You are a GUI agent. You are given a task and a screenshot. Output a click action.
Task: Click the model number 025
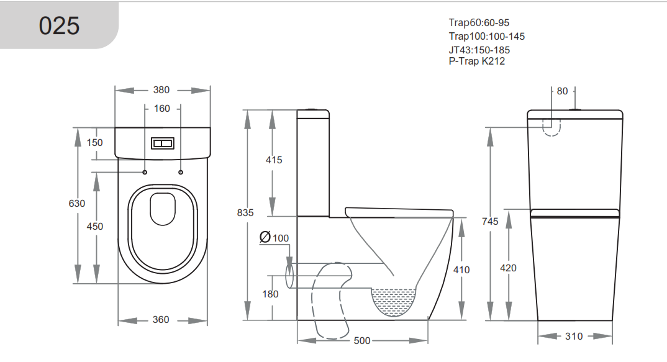[59, 25]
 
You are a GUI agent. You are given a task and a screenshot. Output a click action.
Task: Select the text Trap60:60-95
[479, 23]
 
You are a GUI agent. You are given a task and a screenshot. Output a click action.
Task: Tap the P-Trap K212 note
[476, 61]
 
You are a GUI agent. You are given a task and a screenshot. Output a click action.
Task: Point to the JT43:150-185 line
[479, 50]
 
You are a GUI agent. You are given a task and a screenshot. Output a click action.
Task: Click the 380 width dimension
[161, 90]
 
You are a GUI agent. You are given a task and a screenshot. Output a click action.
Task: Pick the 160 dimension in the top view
[161, 109]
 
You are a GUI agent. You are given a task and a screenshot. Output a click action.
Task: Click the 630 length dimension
[77, 203]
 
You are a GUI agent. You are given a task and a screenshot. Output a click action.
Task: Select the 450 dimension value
[95, 227]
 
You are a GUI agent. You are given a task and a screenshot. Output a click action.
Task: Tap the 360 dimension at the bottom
[161, 320]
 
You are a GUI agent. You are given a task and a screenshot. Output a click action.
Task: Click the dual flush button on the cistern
[162, 143]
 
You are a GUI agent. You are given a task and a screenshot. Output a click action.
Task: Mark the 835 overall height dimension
[245, 212]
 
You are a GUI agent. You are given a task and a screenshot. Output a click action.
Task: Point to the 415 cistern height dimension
[273, 160]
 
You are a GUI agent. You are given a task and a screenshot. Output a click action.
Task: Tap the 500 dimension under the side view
[362, 341]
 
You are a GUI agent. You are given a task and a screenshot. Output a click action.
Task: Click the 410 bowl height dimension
[461, 269]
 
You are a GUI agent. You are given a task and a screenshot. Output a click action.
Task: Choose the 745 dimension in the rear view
[490, 222]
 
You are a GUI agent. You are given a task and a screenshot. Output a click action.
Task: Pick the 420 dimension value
[508, 268]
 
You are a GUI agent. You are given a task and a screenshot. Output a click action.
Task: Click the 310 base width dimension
[574, 336]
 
